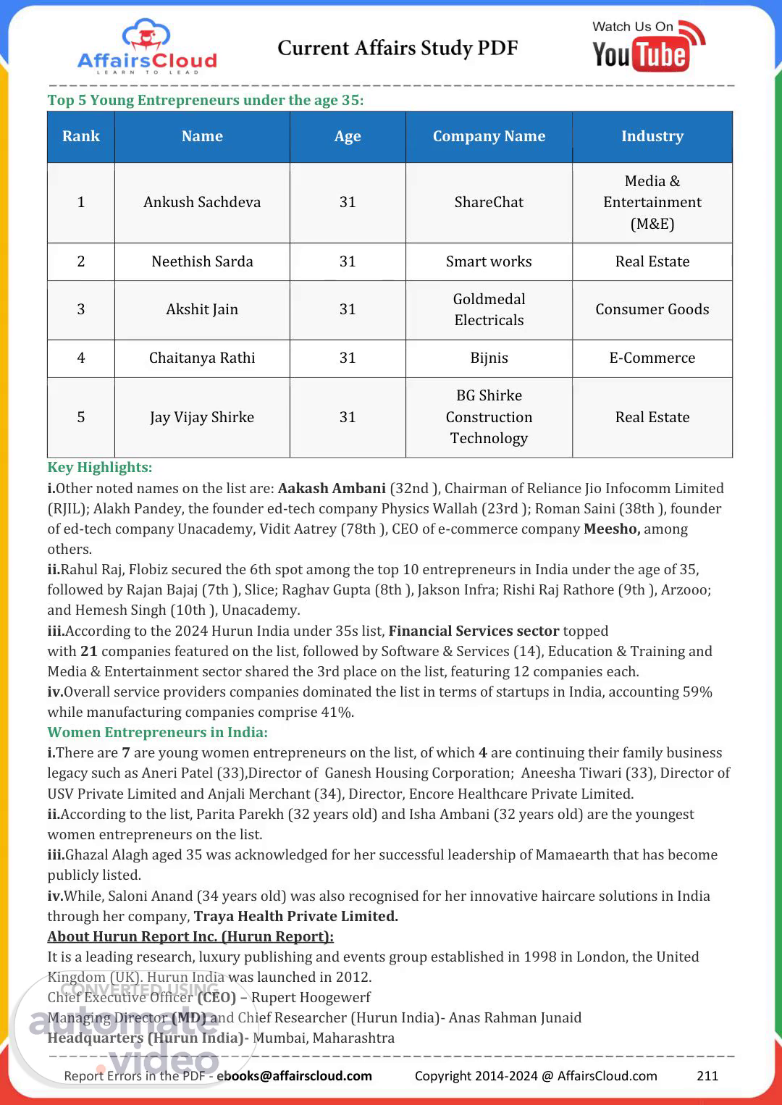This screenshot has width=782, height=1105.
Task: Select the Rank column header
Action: click(81, 136)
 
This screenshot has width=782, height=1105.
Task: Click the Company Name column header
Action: click(489, 136)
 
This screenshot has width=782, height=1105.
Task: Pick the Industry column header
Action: click(652, 136)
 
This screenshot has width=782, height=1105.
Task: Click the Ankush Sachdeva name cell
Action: click(202, 202)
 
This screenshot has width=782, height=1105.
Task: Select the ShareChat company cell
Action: click(489, 202)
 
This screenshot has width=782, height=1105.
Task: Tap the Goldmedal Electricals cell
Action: click(489, 309)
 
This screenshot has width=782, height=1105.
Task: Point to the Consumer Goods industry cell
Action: click(652, 309)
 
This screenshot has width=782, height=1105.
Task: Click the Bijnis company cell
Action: click(489, 358)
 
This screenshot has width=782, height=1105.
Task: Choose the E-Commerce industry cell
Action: click(652, 358)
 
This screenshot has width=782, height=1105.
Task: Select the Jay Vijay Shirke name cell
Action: click(202, 417)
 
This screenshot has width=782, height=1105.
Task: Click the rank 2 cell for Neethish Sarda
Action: click(81, 261)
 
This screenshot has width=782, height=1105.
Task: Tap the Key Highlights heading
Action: click(100, 467)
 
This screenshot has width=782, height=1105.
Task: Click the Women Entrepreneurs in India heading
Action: click(157, 732)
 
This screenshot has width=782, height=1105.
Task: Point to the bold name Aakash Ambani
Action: click(332, 488)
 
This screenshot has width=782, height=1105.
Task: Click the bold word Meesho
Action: click(611, 529)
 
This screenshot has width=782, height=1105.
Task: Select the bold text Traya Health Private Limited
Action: click(295, 916)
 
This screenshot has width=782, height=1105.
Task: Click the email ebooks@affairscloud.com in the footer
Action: click(294, 1075)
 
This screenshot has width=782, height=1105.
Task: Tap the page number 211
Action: click(707, 1075)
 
